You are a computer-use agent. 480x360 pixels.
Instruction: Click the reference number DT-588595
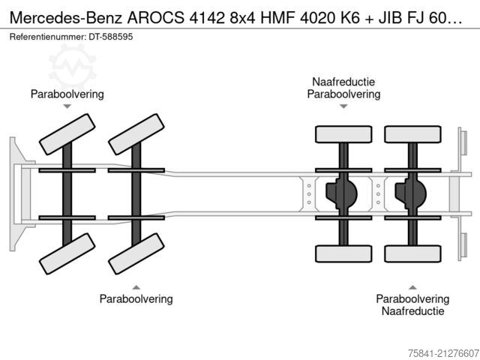pyautogui.click(x=111, y=37)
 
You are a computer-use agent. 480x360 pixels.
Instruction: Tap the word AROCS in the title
pyautogui.click(x=156, y=18)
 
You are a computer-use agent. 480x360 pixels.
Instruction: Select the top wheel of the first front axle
pyautogui.click(x=67, y=134)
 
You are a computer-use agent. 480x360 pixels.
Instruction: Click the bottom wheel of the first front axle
pyautogui.click(x=67, y=253)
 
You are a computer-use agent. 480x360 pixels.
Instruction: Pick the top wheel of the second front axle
pyautogui.click(x=136, y=134)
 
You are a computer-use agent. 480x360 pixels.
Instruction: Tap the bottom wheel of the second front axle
pyautogui.click(x=136, y=253)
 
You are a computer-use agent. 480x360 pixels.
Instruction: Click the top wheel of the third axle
pyautogui.click(x=343, y=134)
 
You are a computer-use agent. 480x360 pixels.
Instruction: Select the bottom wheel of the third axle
pyautogui.click(x=343, y=253)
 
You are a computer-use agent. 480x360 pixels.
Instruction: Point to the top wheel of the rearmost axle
pyautogui.click(x=413, y=134)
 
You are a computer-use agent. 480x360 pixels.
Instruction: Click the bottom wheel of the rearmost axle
pyautogui.click(x=413, y=253)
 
